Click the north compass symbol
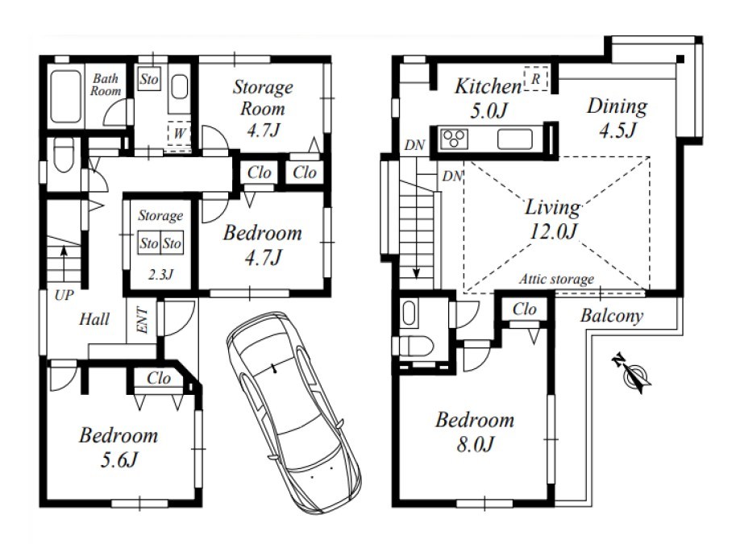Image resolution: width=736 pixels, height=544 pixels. (x=632, y=374)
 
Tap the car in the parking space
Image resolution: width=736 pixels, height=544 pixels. (x=293, y=413)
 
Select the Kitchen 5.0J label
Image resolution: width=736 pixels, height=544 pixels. (x=489, y=98)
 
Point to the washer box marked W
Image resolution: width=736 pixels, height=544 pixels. (x=179, y=133)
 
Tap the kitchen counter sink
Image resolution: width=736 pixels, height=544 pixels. (x=515, y=139)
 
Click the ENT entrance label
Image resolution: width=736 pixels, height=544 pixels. (x=142, y=320)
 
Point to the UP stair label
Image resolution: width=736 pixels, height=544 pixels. (x=64, y=295)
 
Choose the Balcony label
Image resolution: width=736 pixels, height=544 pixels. (x=612, y=316)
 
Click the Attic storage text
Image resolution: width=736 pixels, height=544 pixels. (x=556, y=280)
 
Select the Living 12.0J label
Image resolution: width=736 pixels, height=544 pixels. (x=552, y=219)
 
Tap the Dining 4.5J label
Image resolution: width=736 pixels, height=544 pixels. (x=617, y=118)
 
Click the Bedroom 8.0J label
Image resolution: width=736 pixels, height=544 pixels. (x=475, y=432)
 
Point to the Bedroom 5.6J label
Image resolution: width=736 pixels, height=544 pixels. (x=119, y=448)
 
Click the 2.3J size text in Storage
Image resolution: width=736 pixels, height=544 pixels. (x=160, y=275)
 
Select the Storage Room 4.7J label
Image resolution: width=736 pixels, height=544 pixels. (x=263, y=109)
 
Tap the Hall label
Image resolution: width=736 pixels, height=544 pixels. (x=94, y=320)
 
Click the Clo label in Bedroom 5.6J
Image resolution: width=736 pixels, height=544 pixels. (x=158, y=378)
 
